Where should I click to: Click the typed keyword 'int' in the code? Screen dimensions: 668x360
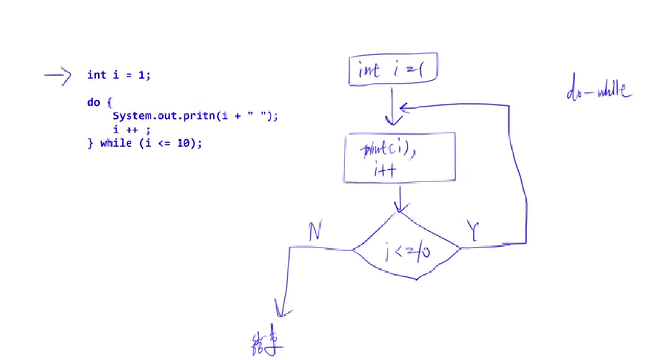(96, 75)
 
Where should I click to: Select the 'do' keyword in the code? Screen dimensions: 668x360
(94, 102)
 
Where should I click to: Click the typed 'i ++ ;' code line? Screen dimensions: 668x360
(131, 130)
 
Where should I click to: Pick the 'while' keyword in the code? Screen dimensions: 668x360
(116, 143)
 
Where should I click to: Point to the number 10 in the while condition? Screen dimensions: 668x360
(183, 143)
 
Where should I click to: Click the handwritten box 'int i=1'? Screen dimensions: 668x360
(393, 69)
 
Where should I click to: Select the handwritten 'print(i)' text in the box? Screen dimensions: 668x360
(387, 149)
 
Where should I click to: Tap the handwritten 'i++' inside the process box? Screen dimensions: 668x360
(385, 169)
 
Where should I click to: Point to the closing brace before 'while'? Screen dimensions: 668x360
(90, 143)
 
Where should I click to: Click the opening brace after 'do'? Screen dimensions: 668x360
(109, 102)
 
